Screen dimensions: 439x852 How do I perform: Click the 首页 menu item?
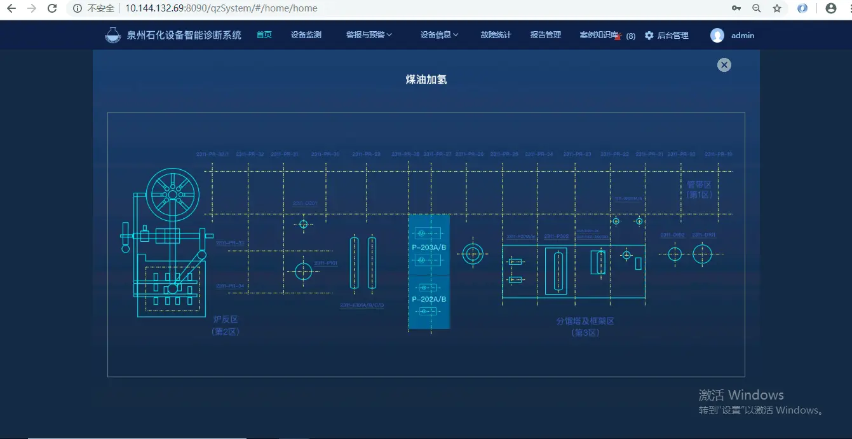[x=264, y=35]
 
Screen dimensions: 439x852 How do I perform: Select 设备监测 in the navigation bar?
[x=306, y=35]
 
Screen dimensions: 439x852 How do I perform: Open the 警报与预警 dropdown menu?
[x=369, y=35]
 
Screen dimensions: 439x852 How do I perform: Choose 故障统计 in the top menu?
[x=496, y=35]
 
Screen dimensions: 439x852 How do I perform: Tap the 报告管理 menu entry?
[x=545, y=35]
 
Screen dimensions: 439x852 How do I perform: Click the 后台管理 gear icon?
[x=649, y=36]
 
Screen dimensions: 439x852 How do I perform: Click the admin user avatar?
[x=717, y=36]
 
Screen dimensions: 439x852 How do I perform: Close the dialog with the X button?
[x=724, y=65]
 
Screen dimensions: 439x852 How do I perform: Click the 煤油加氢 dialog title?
[x=426, y=80]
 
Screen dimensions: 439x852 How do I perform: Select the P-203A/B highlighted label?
[x=429, y=247]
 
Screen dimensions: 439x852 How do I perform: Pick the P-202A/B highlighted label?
[x=429, y=299]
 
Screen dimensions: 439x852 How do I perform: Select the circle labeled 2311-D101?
[x=702, y=254]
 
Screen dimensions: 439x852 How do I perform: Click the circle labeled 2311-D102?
[x=675, y=254]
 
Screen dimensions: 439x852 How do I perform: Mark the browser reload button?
[x=52, y=8]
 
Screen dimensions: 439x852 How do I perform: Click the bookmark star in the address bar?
[x=776, y=8]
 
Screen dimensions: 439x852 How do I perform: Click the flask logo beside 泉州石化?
[x=112, y=35]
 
